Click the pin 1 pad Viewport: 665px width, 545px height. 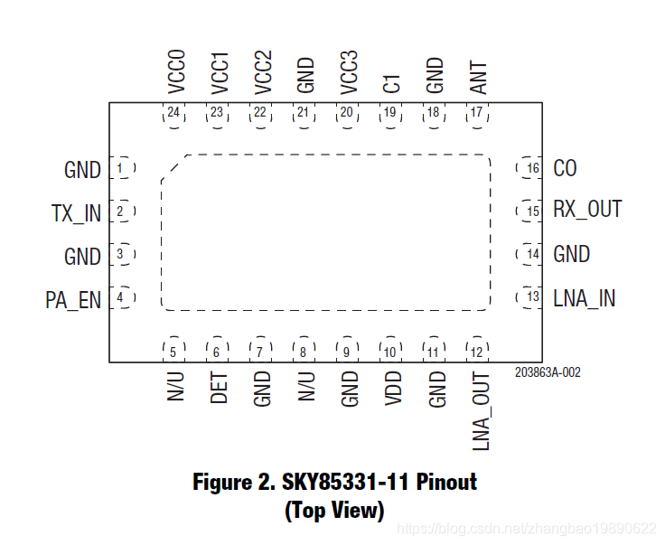coord(120,168)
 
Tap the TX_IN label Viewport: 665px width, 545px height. coord(77,213)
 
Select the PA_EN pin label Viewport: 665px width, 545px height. coord(73,299)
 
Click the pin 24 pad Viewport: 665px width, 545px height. coord(173,113)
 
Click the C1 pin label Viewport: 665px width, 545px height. coord(392,84)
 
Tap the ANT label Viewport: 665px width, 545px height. coord(479,78)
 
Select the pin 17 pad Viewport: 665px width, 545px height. coord(477,113)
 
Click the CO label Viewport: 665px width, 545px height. coord(565,169)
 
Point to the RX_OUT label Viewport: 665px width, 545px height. coord(587,210)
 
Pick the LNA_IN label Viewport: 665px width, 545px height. coord(584,298)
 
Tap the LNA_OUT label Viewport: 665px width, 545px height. coord(481,412)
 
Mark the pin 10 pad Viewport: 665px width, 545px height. coord(390,352)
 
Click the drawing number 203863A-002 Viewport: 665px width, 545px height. coord(548,371)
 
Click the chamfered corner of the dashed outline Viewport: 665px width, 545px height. coord(173,167)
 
